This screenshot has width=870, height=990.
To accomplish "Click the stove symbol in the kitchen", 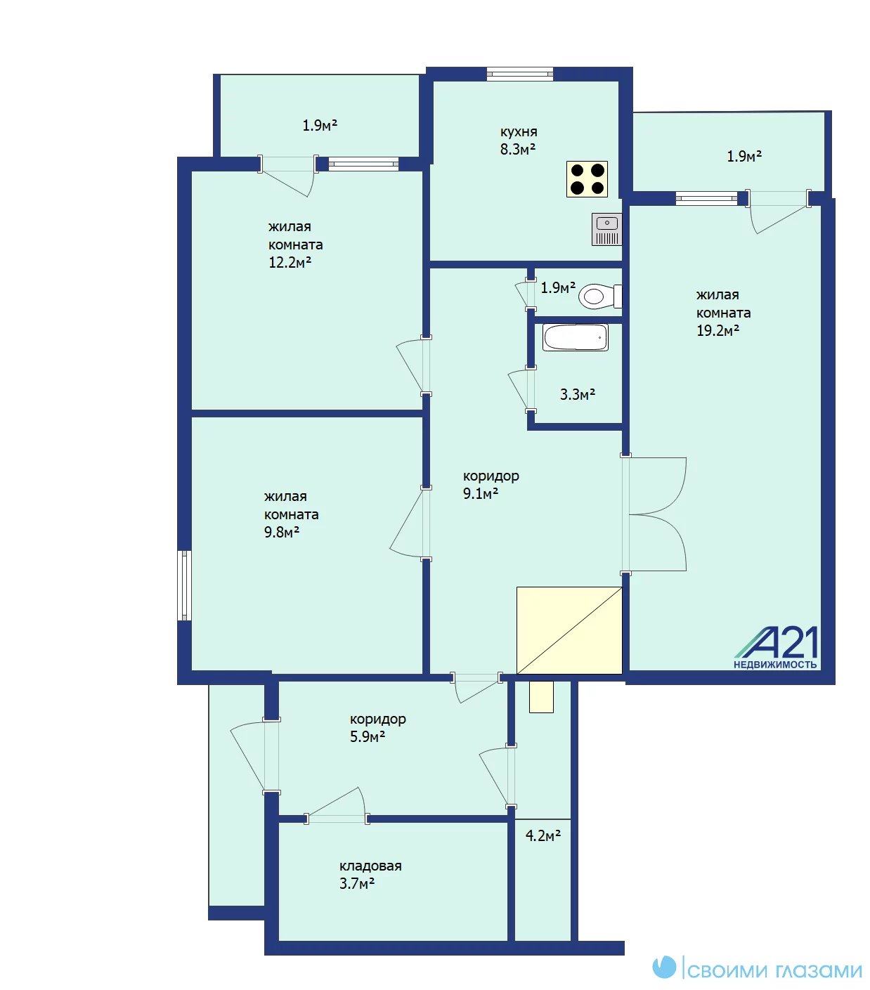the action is click(x=587, y=179).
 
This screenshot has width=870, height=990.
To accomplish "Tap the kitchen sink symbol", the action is click(x=606, y=229).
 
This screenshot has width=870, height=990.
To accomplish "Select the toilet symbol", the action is click(x=599, y=296).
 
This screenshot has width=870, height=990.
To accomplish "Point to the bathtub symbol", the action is click(x=575, y=337).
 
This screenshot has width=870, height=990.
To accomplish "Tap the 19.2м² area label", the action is click(x=718, y=331).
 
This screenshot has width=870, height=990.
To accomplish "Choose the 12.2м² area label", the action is click(x=290, y=263).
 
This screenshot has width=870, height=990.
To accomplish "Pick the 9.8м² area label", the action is click(x=282, y=532).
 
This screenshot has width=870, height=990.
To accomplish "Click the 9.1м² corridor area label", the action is click(x=481, y=493).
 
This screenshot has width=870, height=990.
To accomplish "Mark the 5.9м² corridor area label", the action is click(x=367, y=737).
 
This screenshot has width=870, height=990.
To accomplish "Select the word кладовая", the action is click(x=370, y=866).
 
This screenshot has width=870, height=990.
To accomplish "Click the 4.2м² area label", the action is click(x=543, y=835).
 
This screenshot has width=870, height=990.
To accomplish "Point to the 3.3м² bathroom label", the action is click(x=577, y=394).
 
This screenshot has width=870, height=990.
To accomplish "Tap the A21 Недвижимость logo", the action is click(x=776, y=649).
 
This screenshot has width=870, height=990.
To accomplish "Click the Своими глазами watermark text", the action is click(x=774, y=970).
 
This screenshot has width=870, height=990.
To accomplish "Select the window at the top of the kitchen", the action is click(x=519, y=74).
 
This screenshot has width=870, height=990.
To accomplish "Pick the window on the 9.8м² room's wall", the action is click(x=184, y=585).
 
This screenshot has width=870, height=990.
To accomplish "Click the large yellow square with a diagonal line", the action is click(x=569, y=630).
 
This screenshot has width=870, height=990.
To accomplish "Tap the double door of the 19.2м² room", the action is click(x=654, y=514).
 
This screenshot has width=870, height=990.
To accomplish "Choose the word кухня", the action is click(x=519, y=132).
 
